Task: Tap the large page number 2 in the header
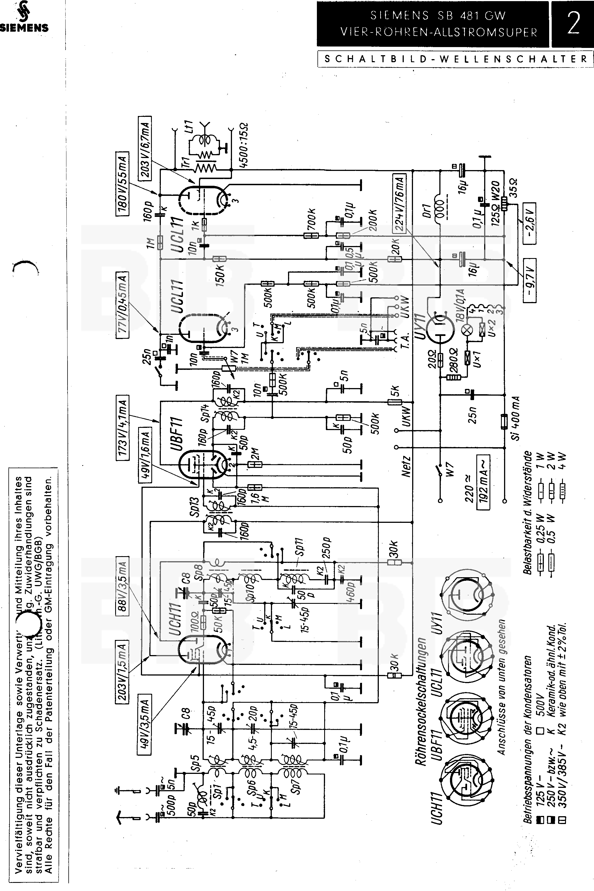coord(573,24)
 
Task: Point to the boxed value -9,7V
coord(530,280)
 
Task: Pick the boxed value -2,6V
coord(530,224)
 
